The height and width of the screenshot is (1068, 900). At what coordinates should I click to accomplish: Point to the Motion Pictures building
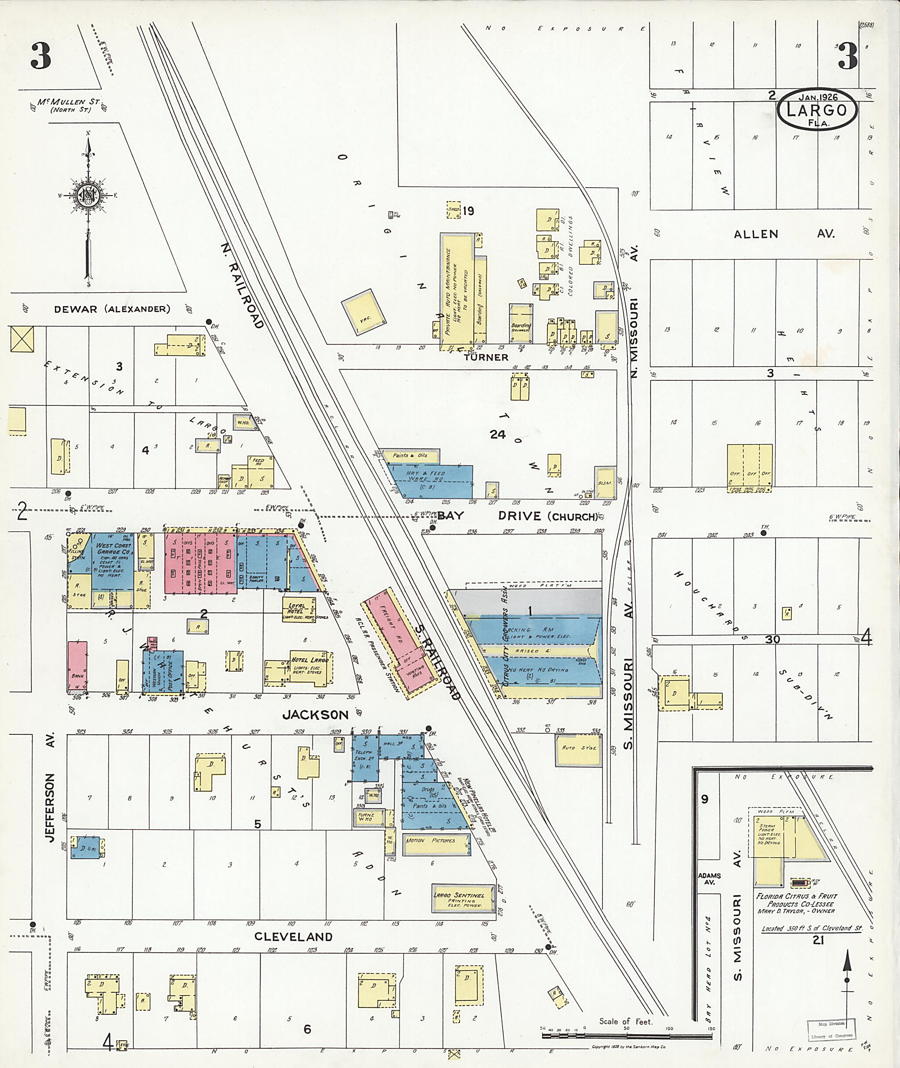[x=437, y=841]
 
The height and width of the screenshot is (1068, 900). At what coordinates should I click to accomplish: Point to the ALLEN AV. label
[x=784, y=234]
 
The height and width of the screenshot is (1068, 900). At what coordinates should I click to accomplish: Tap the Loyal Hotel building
[x=298, y=609]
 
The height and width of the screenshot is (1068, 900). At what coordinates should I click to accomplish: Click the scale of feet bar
[x=626, y=1036]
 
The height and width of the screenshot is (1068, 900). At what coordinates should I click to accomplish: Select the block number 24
[x=497, y=434]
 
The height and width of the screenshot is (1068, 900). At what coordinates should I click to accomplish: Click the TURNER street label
[x=486, y=357]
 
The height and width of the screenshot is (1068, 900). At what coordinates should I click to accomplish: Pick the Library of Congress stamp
[x=831, y=1031]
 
